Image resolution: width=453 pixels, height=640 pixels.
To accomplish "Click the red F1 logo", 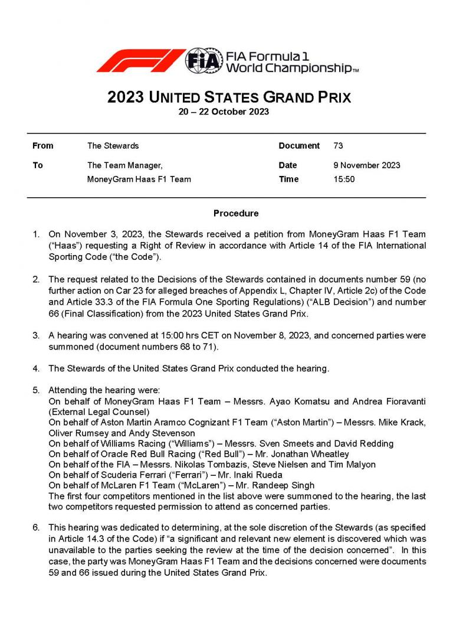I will click(140, 61).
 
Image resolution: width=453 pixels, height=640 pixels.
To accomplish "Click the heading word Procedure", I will click(235, 213).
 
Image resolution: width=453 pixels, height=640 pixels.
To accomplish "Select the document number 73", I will click(338, 146).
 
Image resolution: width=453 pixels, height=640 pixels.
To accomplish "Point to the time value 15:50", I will click(344, 179).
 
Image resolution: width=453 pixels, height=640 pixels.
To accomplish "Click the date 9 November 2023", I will click(366, 165).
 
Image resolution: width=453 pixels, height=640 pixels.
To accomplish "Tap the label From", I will click(42, 146).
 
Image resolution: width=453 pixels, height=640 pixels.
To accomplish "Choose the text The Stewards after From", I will click(113, 146).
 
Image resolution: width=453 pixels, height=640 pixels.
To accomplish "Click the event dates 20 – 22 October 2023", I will click(224, 112).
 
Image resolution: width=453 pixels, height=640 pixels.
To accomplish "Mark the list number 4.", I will click(36, 368).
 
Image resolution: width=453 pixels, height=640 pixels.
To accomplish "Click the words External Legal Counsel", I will click(100, 412).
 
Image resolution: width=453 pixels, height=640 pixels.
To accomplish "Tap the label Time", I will click(288, 179).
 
